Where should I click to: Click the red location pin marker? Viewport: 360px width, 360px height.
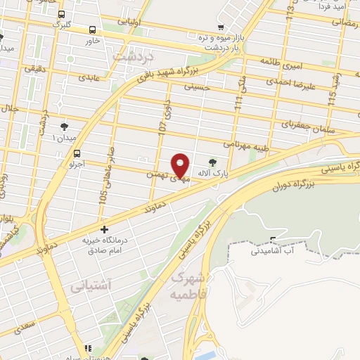pyautogui.click(x=181, y=165)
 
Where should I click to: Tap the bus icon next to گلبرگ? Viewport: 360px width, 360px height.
pyautogui.click(x=62, y=14)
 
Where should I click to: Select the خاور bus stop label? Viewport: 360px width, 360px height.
pyautogui.click(x=93, y=40)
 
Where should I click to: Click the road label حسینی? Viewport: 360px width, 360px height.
pyautogui.click(x=197, y=88)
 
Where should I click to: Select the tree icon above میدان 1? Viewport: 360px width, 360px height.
pyautogui.click(x=65, y=126)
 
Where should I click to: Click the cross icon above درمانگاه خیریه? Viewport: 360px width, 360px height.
pyautogui.click(x=104, y=229)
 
